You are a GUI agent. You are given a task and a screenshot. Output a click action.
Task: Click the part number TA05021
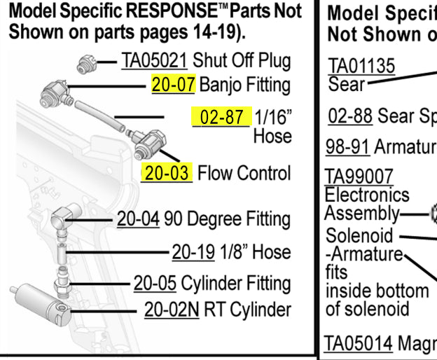tap(154, 61)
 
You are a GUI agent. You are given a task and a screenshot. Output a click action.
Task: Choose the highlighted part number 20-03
tap(166, 172)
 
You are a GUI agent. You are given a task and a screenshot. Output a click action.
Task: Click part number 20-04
tap(138, 219)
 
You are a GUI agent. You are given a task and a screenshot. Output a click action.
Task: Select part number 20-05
tap(155, 284)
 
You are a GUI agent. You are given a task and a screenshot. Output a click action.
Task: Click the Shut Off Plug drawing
tap(86, 65)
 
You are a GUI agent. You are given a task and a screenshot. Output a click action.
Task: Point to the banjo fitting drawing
tap(54, 92)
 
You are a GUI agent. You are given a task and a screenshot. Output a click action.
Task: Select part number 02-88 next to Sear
tap(348, 117)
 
